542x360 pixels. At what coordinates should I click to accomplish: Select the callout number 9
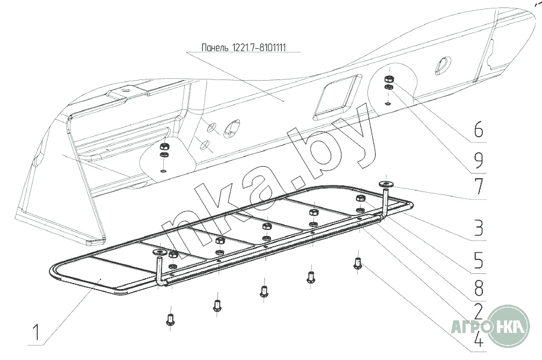click(x=478, y=160)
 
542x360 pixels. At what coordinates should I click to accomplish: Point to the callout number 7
click(x=479, y=187)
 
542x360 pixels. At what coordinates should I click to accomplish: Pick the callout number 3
click(x=478, y=228)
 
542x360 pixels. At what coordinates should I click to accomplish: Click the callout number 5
click(x=478, y=261)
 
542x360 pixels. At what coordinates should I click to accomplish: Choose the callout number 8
click(x=478, y=288)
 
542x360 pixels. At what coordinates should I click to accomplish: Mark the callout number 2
click(x=478, y=312)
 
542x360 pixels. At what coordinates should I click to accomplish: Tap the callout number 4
click(x=478, y=340)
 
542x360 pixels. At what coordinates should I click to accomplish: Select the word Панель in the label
click(x=216, y=48)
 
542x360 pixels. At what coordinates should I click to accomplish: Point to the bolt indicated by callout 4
click(x=358, y=264)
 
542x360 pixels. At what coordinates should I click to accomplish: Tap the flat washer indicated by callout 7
click(x=386, y=184)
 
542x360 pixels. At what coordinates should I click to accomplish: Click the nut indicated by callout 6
click(x=388, y=79)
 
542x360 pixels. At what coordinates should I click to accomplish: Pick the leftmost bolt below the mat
click(x=170, y=319)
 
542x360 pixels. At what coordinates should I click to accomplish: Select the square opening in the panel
click(x=334, y=98)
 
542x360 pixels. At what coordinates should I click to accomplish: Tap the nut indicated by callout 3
click(x=360, y=198)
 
